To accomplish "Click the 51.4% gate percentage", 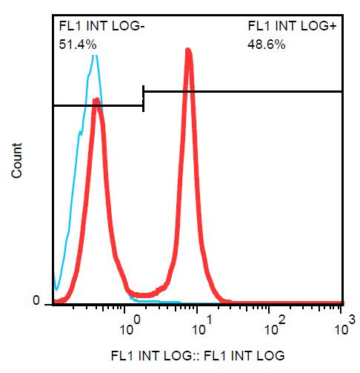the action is (78, 44).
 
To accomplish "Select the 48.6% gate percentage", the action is (267, 44).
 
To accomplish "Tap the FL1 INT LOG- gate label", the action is (101, 26).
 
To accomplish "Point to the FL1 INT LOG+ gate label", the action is (292, 26).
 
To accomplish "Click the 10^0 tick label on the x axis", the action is (130, 326).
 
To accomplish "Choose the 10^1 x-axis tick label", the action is (202, 326).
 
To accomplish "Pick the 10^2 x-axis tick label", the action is (275, 326).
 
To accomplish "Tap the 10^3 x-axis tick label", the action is (345, 326).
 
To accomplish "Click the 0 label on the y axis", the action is (36, 301).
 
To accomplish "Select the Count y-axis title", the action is (17, 160).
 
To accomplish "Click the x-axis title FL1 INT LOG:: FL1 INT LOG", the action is (198, 356).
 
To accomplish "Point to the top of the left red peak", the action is (96, 99).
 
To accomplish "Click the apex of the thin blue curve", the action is (95, 56).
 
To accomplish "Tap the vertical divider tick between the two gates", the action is (143, 99).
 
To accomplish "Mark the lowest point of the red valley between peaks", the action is (143, 295).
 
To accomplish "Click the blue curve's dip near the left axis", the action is (56, 289).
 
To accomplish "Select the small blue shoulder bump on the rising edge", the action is (79, 133).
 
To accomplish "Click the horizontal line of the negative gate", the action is (99, 106).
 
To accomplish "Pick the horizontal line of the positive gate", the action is (243, 92).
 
